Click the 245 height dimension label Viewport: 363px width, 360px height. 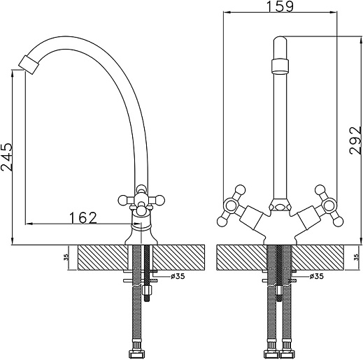[7, 157]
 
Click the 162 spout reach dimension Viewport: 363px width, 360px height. [83, 217]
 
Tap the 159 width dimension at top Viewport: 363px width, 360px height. [280, 6]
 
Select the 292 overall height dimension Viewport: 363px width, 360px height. [355, 141]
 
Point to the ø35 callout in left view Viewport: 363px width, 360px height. [178, 276]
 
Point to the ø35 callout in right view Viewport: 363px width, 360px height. [317, 276]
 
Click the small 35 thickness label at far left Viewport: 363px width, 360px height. [67, 257]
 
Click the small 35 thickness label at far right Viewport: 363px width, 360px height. [357, 257]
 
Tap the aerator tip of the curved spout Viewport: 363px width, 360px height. [29, 62]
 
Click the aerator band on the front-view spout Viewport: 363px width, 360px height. [280, 66]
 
